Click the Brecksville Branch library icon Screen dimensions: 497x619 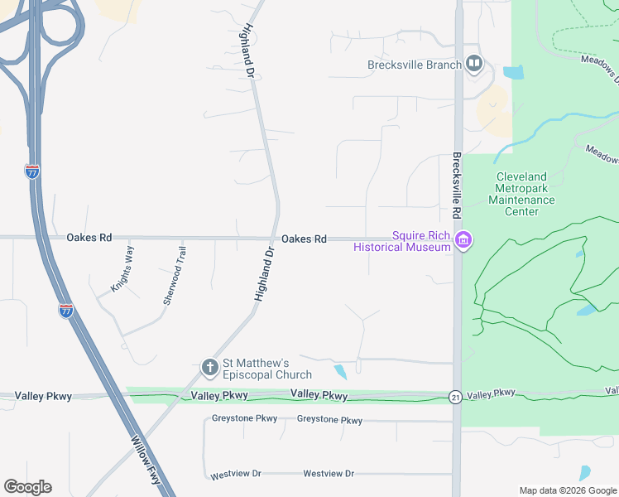pyautogui.click(x=474, y=64)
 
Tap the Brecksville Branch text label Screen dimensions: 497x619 pyautogui.click(x=415, y=65)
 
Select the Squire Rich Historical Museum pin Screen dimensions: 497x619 pyautogui.click(x=463, y=242)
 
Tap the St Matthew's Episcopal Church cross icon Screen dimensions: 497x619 pyautogui.click(x=210, y=366)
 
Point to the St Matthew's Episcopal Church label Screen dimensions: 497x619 pyautogui.click(x=257, y=369)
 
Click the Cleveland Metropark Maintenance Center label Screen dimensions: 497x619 pyautogui.click(x=521, y=194)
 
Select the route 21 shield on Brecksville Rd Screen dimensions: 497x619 pyautogui.click(x=456, y=398)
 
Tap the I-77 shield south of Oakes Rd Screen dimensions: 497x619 pyautogui.click(x=66, y=311)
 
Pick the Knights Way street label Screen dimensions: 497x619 pyautogui.click(x=122, y=270)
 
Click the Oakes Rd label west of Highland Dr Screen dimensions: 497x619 pyautogui.click(x=89, y=238)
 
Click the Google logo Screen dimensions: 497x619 pyautogui.click(x=27, y=487)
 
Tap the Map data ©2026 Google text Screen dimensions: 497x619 pyautogui.click(x=567, y=490)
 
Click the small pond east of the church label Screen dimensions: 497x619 pyautogui.click(x=340, y=372)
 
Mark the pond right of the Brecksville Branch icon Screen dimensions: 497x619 pyautogui.click(x=513, y=72)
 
